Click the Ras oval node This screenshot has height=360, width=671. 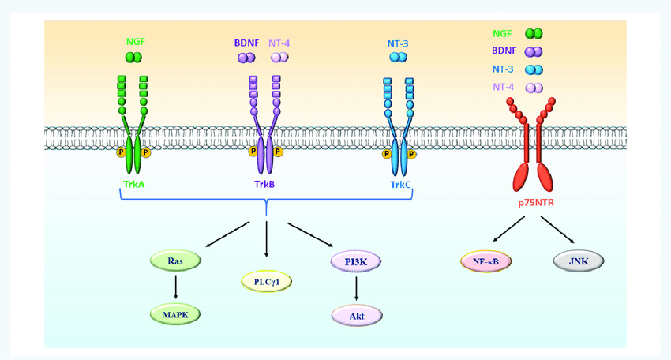[174, 261]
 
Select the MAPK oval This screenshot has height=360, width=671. [174, 313]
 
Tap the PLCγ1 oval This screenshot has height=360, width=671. [267, 281]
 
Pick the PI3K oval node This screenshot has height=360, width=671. [357, 261]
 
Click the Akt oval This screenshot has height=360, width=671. [357, 314]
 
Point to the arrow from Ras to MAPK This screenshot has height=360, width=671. [174, 287]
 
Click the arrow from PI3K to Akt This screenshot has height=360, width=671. [357, 288]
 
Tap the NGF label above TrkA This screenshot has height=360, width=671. [136, 40]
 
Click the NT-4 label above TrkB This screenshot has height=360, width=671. [280, 40]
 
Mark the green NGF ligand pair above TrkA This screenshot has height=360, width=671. [133, 58]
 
